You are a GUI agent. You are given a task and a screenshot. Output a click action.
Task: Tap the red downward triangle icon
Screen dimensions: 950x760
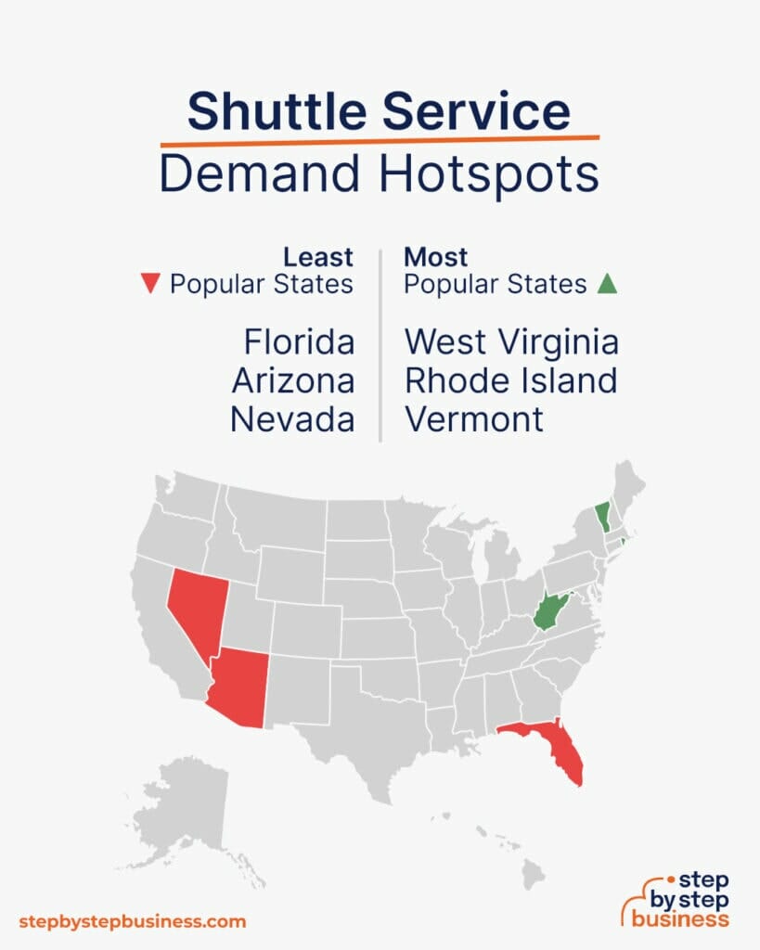(x=148, y=285)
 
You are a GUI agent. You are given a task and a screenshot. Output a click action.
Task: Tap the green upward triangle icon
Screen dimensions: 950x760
(x=607, y=285)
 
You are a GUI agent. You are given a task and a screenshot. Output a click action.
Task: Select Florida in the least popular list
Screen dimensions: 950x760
(x=299, y=342)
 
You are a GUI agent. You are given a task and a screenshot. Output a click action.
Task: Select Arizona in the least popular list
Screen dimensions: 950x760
(x=293, y=381)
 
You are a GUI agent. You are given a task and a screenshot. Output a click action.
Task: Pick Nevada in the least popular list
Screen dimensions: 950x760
(x=292, y=420)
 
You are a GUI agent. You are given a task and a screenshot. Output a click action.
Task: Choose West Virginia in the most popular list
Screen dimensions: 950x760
(x=511, y=342)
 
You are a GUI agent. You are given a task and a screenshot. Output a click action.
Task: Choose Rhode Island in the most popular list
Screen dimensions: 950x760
(x=511, y=381)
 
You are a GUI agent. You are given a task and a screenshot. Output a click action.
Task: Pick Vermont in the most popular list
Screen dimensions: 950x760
(x=474, y=420)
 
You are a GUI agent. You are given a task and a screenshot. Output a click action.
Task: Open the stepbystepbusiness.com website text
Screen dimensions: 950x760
(x=133, y=921)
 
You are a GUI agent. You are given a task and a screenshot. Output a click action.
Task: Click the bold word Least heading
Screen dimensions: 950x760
(x=318, y=257)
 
